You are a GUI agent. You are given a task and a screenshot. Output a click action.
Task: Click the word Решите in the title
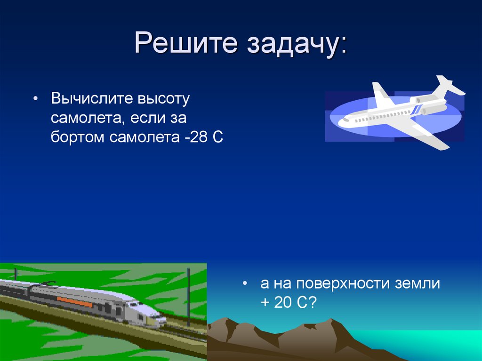coord(186,42)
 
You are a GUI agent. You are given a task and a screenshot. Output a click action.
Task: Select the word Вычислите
coord(92,98)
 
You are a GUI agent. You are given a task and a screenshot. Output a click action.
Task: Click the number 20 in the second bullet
coord(283,303)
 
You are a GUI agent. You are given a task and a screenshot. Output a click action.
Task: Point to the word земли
coord(418,283)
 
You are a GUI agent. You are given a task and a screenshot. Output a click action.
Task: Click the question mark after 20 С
coord(312,303)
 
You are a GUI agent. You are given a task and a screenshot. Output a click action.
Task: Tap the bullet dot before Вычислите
coord(36,99)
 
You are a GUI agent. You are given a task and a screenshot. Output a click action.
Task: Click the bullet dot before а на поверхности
coord(245,283)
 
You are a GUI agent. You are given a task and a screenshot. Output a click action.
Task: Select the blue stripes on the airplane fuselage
coord(417,110)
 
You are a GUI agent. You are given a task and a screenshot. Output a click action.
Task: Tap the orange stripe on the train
coord(75,302)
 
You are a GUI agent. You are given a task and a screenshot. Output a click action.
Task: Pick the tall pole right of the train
coord(188,297)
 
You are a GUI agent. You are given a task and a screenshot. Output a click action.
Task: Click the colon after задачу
coord(343,46)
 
